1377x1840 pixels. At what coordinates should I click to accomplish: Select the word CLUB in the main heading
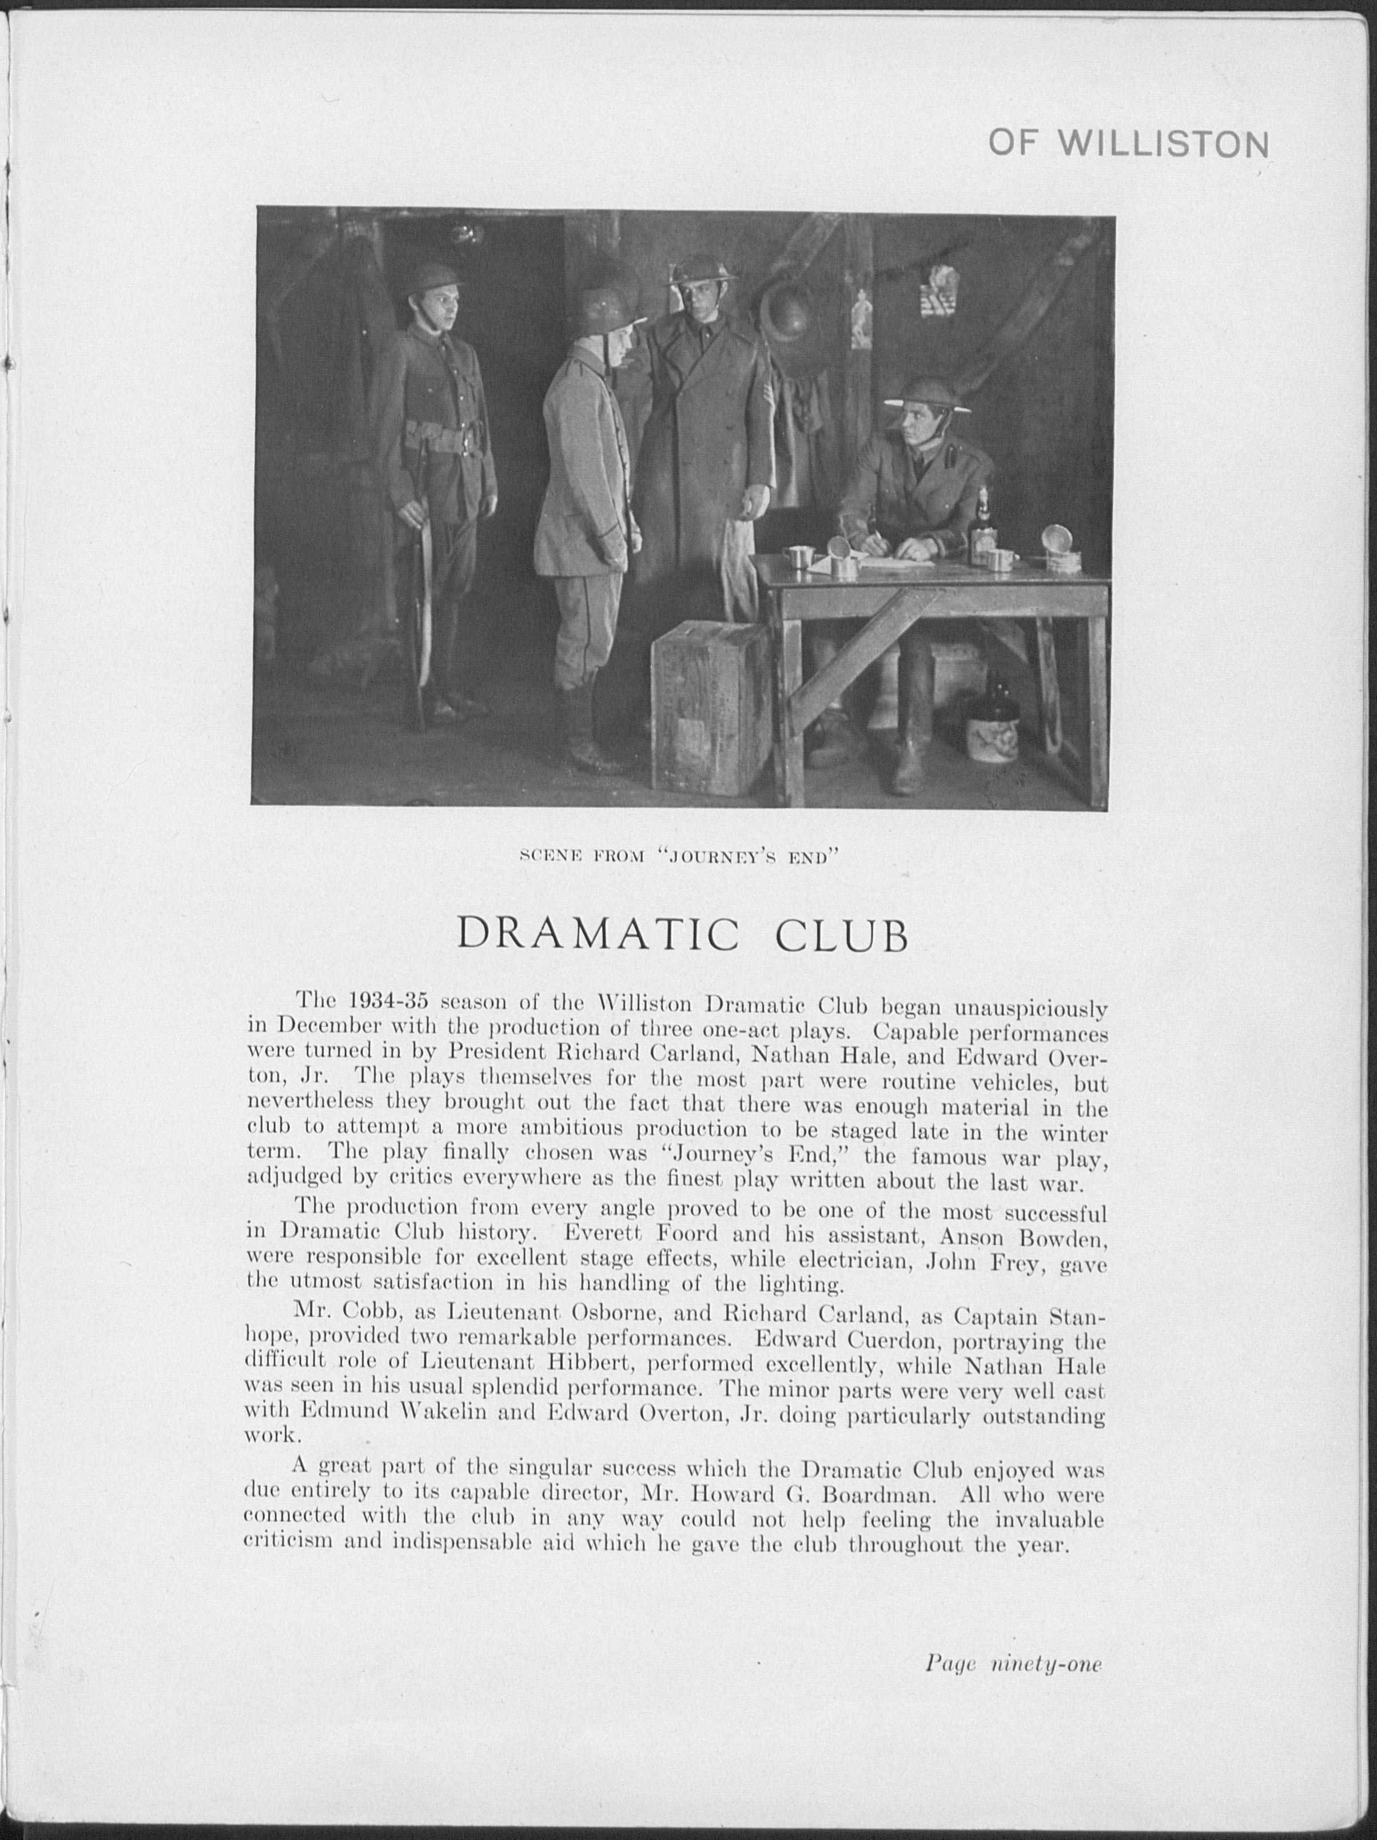click(x=842, y=935)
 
